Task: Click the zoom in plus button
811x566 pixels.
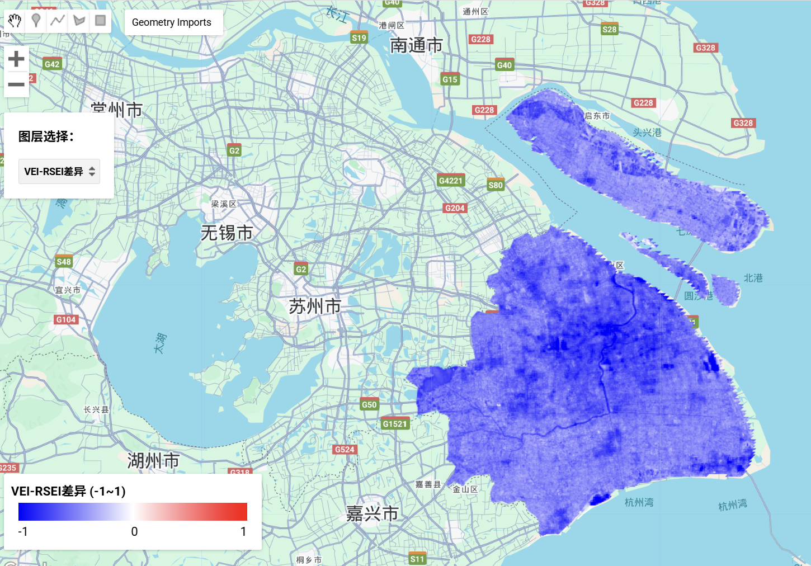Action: click(x=16, y=59)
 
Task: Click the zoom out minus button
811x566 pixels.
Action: click(x=16, y=84)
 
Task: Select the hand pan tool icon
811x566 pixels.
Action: click(x=15, y=21)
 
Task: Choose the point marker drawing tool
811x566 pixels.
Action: click(x=36, y=21)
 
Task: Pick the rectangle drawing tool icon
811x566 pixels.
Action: click(x=101, y=21)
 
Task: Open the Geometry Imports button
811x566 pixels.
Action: click(x=172, y=22)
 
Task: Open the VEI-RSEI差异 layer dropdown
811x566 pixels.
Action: click(x=59, y=172)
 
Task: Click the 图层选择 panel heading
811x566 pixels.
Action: click(x=46, y=136)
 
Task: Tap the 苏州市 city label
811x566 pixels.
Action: click(x=315, y=306)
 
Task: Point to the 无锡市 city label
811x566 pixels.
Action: click(x=227, y=233)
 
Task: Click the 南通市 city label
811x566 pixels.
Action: click(x=416, y=45)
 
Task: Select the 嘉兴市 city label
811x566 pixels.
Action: click(x=372, y=513)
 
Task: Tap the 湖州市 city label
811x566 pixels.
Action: click(x=153, y=461)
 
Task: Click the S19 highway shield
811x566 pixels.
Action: click(x=359, y=37)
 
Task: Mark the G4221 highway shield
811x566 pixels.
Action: click(x=451, y=180)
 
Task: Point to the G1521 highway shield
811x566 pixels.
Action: click(x=395, y=423)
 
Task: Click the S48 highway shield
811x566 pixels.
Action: click(x=64, y=261)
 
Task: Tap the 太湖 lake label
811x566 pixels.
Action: click(x=160, y=342)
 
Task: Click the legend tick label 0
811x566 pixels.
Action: click(x=134, y=531)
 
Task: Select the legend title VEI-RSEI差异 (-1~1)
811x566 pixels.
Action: click(x=68, y=491)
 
